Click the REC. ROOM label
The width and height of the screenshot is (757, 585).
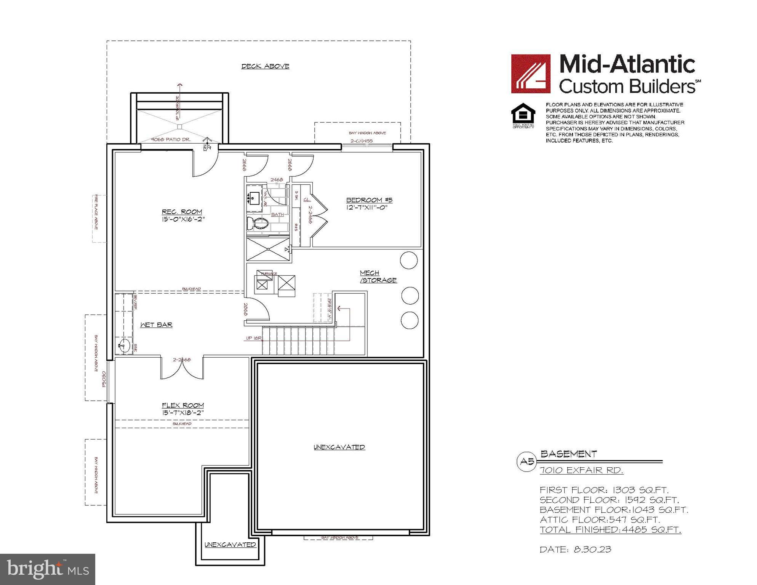click(x=182, y=212)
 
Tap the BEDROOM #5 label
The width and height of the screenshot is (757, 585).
click(x=369, y=200)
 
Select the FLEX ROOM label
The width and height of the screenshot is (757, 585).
click(x=183, y=406)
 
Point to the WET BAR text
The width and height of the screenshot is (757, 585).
click(x=156, y=325)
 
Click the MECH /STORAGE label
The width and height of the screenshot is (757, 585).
click(x=378, y=277)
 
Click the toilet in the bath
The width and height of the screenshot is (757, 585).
click(x=258, y=224)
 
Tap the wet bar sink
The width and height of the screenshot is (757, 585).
click(x=122, y=346)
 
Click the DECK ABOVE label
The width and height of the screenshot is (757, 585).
click(x=265, y=66)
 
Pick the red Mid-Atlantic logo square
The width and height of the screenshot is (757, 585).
click(x=530, y=74)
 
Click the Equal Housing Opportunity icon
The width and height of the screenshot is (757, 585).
click(x=523, y=114)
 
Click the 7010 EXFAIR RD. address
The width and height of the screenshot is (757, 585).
click(x=581, y=470)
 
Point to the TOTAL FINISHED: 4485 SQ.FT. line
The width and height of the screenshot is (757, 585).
click(x=610, y=530)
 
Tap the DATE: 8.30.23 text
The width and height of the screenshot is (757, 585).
click(x=575, y=550)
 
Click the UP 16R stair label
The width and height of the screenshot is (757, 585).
click(x=254, y=338)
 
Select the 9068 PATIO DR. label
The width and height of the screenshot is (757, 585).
click(x=170, y=139)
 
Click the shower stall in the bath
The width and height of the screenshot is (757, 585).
click(x=268, y=249)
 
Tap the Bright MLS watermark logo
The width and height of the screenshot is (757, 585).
click(x=47, y=569)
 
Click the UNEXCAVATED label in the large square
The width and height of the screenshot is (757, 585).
click(x=339, y=447)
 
